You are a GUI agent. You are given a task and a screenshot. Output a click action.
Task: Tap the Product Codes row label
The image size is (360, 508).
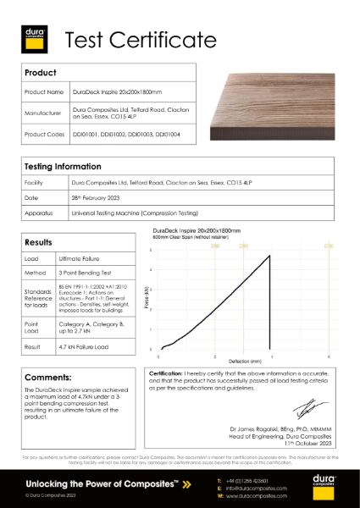[45, 134]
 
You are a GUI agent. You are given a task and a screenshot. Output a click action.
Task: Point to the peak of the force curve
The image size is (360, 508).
[269, 256]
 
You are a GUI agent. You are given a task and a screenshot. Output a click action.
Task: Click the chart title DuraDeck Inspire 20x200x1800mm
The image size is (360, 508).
[197, 229]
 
